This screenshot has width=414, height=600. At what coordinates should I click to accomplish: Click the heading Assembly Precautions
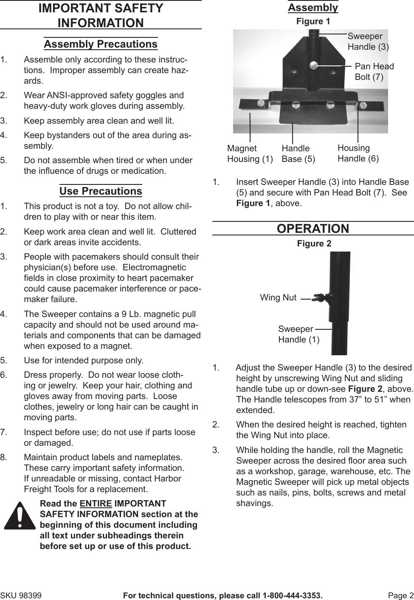click(101, 44)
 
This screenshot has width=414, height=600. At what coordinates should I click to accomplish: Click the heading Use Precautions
click(101, 191)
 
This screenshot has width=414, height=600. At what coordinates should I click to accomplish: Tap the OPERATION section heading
click(313, 229)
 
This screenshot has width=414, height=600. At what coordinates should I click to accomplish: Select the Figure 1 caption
click(313, 21)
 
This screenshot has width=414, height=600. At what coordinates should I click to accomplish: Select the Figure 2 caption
click(314, 243)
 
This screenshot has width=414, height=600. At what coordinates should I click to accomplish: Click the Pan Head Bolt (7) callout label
click(374, 71)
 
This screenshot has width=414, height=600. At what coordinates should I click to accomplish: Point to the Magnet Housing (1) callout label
click(250, 153)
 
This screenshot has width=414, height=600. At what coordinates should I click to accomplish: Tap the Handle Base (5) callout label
click(298, 153)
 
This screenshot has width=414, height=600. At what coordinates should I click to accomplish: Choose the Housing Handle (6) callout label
click(358, 153)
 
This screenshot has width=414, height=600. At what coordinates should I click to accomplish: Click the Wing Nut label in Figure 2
click(278, 297)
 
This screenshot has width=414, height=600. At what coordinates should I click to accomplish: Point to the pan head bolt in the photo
click(314, 65)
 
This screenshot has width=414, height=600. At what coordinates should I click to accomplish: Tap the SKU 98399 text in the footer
click(21, 596)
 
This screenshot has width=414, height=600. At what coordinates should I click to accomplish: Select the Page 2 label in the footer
click(400, 596)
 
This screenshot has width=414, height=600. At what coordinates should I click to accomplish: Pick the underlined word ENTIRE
click(96, 504)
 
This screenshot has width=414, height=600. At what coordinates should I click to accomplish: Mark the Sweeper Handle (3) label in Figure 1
click(368, 42)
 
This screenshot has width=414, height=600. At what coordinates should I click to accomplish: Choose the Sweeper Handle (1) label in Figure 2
click(299, 334)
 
